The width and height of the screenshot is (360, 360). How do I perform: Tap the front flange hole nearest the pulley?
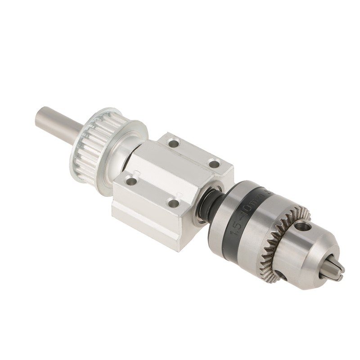[x=131, y=181]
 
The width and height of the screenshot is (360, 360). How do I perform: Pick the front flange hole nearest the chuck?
[x=173, y=203]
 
